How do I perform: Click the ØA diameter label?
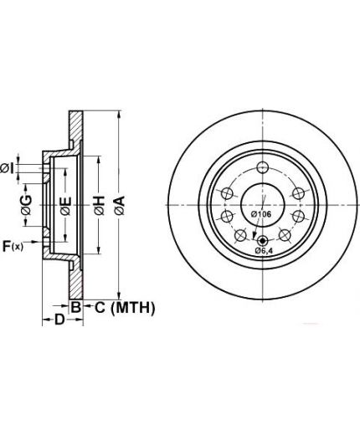pyautogui.click(x=121, y=206)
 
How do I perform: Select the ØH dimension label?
pyautogui.click(x=100, y=206)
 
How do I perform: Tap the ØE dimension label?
pyautogui.click(x=66, y=207)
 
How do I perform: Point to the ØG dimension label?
pyautogui.click(x=26, y=205)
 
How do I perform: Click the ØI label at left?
pyautogui.click(x=7, y=169)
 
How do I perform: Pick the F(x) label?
pyautogui.click(x=13, y=246)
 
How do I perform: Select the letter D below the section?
pyautogui.click(x=59, y=320)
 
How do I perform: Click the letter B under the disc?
pyautogui.click(x=76, y=307)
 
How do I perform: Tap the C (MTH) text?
pyautogui.click(x=125, y=308)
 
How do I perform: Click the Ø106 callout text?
pyautogui.click(x=261, y=214)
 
